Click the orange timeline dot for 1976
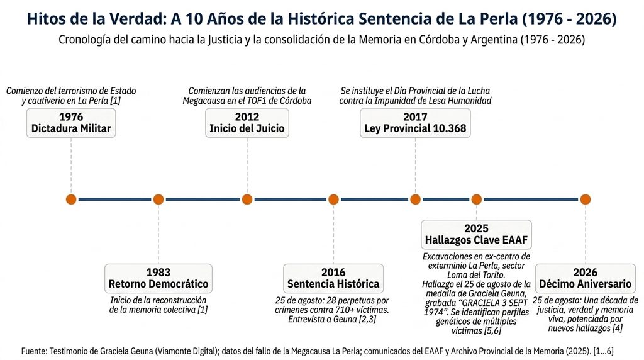(71, 200)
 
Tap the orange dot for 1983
(158, 200)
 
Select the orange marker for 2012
(247, 200)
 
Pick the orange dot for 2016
(333, 200)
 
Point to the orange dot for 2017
(415, 200)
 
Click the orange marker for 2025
(477, 200)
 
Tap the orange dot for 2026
(586, 200)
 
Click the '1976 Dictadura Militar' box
(71, 123)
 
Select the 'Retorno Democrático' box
(158, 278)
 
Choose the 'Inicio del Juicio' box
(247, 123)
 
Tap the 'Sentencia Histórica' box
(333, 278)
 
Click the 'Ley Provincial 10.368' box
(415, 123)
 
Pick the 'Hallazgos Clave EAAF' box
(477, 235)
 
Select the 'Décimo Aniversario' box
(586, 278)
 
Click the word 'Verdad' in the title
(128, 19)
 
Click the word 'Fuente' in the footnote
(34, 351)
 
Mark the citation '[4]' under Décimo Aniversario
(618, 329)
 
